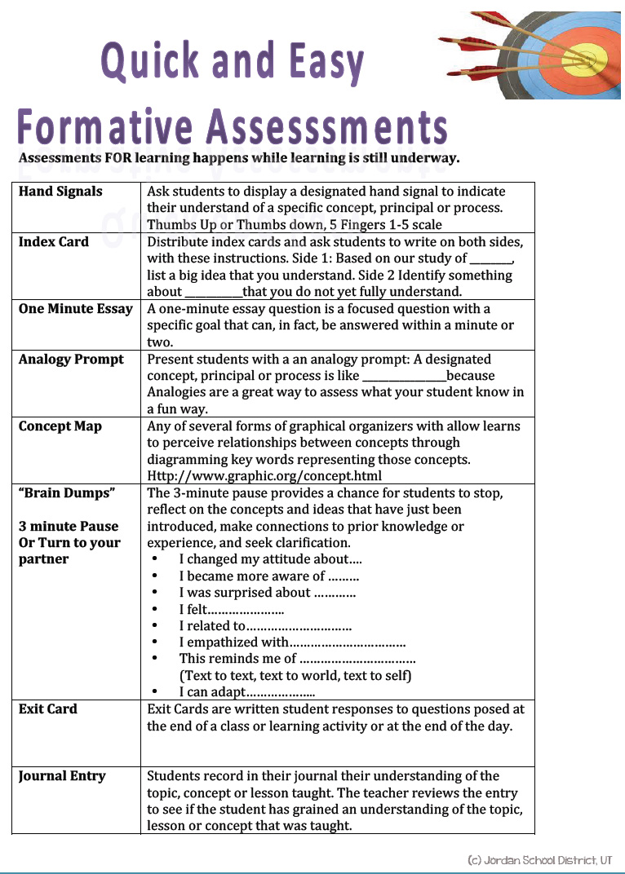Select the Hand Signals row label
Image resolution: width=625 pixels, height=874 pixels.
60,192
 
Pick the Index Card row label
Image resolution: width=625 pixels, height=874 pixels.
54,242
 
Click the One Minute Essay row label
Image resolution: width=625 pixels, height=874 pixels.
75,309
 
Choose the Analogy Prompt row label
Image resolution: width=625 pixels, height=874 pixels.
71,360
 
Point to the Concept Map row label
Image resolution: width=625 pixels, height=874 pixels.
60,426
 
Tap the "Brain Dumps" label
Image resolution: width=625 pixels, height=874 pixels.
67,493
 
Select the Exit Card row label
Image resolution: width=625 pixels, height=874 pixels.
48,709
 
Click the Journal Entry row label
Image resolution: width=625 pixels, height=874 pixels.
62,776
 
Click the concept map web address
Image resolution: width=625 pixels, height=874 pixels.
264,476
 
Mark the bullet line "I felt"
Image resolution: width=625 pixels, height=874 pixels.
232,610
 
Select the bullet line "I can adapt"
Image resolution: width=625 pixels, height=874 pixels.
246,693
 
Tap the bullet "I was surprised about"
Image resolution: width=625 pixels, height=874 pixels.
267,593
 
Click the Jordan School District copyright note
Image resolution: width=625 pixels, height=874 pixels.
539,860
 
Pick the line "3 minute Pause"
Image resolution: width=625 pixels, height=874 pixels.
69,527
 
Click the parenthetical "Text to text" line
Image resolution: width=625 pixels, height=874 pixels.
295,676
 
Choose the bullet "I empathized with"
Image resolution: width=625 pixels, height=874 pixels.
292,642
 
